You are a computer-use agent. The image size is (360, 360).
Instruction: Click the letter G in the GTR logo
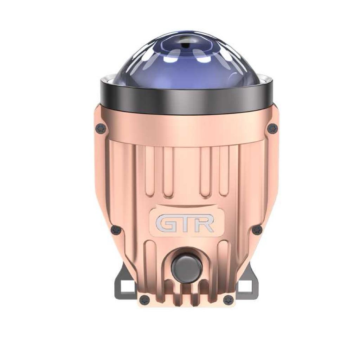[165, 224]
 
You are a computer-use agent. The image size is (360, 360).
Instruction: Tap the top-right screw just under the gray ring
[272, 129]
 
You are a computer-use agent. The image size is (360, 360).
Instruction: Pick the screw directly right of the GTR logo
[257, 230]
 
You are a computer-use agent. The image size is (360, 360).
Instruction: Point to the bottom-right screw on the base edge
[228, 300]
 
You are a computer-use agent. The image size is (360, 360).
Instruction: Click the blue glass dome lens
[186, 63]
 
